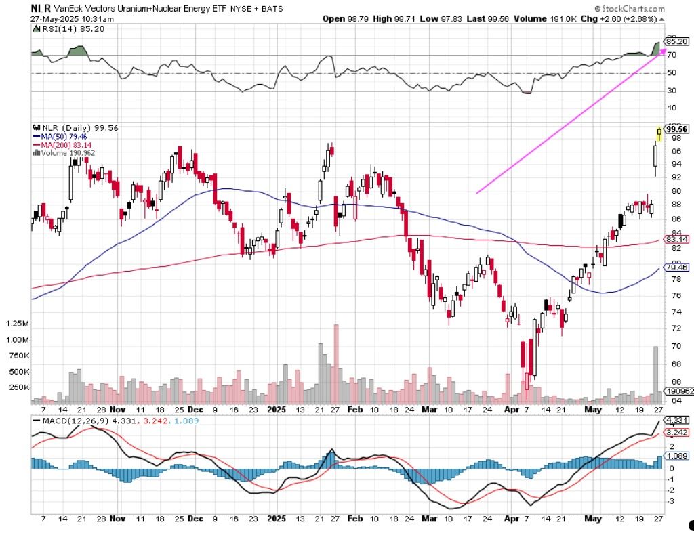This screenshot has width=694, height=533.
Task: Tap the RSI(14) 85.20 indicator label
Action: click(x=68, y=30)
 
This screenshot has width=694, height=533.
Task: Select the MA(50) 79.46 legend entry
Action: click(x=60, y=135)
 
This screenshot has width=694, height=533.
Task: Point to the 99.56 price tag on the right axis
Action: click(x=676, y=129)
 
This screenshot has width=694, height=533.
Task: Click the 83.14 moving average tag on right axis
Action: click(x=676, y=239)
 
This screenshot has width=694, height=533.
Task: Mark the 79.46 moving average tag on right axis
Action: click(x=676, y=268)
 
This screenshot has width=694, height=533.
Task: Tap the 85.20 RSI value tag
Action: click(x=676, y=41)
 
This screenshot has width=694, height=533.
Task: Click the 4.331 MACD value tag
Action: click(x=676, y=421)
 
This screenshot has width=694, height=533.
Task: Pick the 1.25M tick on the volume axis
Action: click(x=16, y=323)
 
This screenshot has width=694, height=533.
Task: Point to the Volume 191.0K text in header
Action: click(x=548, y=20)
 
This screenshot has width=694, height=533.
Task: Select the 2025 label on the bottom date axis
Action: click(x=277, y=410)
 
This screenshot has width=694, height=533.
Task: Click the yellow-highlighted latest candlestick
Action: click(x=659, y=133)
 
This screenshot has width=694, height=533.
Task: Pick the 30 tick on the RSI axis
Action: click(x=672, y=91)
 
